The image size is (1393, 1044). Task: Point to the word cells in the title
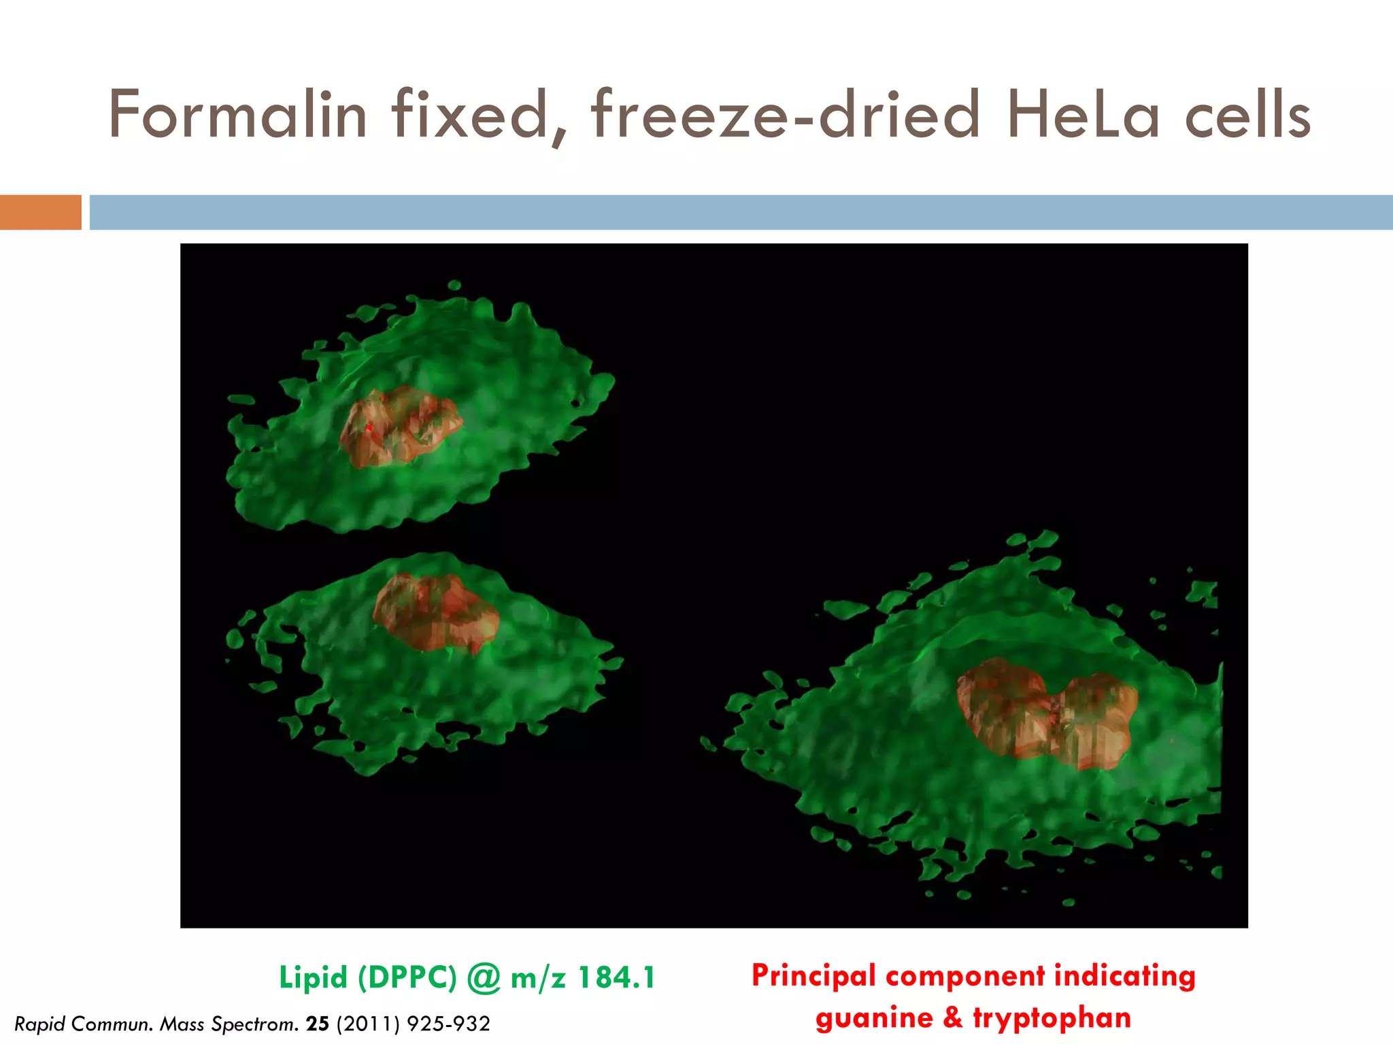point(1248,116)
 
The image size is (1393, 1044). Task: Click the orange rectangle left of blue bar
point(41,212)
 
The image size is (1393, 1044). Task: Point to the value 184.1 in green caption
point(616,978)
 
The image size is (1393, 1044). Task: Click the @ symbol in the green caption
point(484,978)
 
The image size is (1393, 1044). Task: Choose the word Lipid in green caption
point(313,978)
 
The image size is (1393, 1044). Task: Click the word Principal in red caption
point(813,976)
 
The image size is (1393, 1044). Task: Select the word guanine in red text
point(875,1018)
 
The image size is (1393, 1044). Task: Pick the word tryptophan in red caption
point(1052,1018)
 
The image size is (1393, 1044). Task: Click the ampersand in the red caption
point(953,1017)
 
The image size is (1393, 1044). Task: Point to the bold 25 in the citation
point(318,1024)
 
